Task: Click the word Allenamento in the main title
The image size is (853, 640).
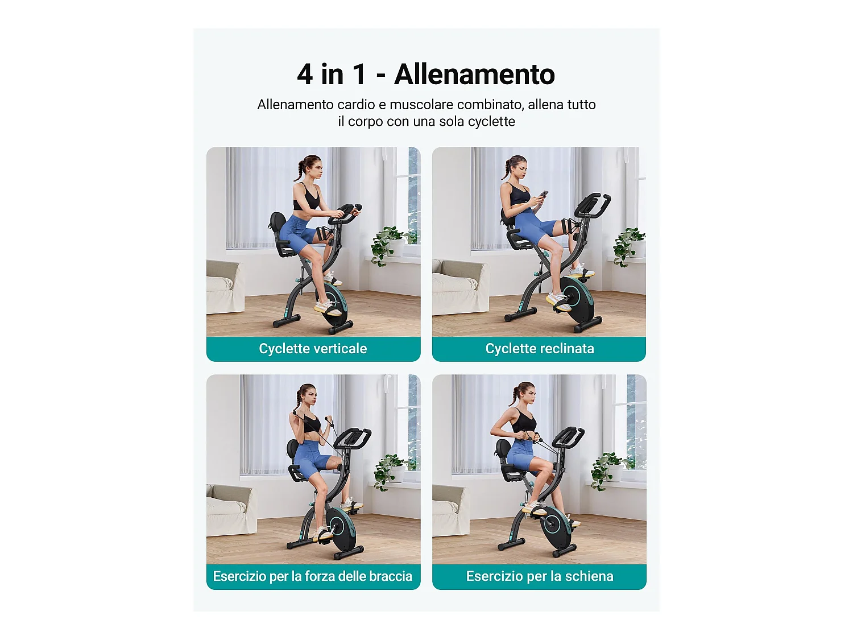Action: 474,75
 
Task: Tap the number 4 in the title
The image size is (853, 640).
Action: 305,75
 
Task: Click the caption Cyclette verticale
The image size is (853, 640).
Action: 313,349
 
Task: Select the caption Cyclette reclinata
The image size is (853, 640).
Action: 539,349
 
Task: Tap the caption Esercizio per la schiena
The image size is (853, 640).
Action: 539,576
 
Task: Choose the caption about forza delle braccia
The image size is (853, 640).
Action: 313,576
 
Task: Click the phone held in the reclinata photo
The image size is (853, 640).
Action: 544,195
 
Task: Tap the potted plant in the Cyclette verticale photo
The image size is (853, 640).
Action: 388,243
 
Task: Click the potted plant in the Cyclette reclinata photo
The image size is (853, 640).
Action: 630,245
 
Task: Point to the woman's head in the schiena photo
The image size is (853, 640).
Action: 523,394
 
